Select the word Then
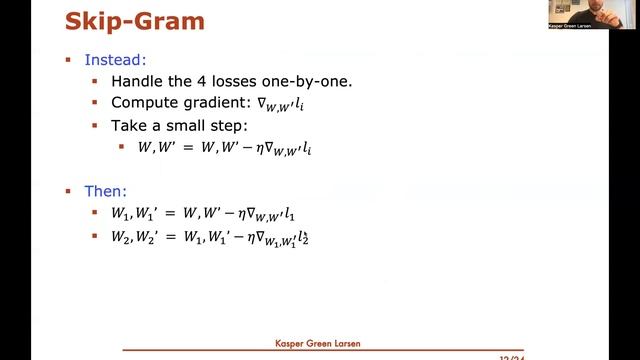pos(108,190)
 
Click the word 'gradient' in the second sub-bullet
pos(219,103)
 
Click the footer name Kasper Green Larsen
pos(319,342)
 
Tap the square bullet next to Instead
pos(69,60)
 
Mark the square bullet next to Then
pos(69,191)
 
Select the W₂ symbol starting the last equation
pos(120,236)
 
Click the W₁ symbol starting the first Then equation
pos(119,213)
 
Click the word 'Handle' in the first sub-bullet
pos(137,81)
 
